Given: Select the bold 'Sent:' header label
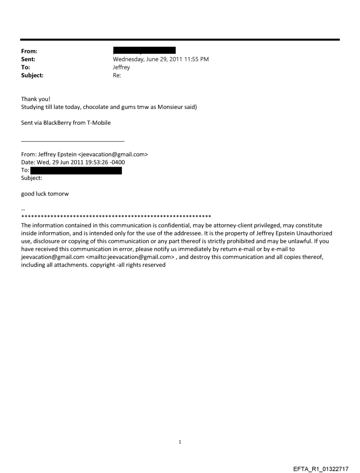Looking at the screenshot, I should click(x=28, y=59).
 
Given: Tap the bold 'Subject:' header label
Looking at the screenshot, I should click(x=32, y=75).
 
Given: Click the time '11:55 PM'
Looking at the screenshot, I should click(x=196, y=59).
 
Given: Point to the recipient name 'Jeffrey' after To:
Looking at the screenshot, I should click(x=122, y=67).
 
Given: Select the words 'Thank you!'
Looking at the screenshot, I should click(x=36, y=99).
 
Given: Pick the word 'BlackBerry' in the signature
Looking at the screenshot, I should click(x=61, y=123).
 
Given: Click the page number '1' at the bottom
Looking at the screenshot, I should click(x=180, y=441).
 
